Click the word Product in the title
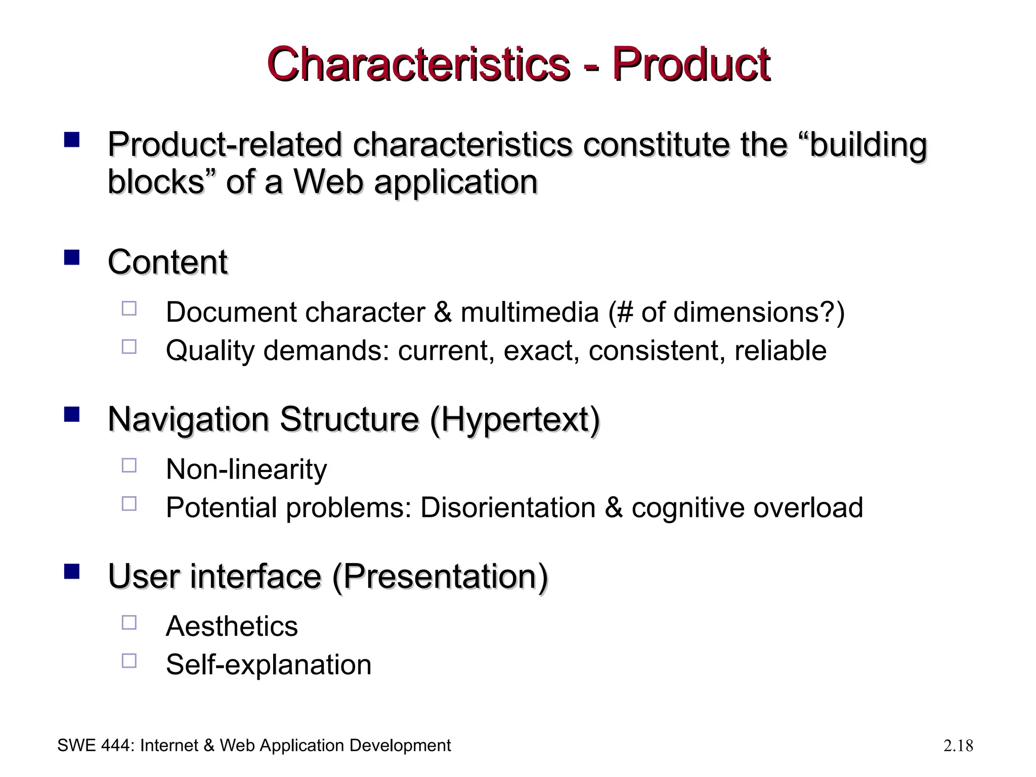tap(691, 65)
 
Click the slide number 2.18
tap(958, 746)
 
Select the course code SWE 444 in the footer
tap(95, 746)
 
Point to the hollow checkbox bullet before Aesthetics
tap(129, 622)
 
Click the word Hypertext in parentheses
tap(514, 419)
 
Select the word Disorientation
tap(508, 507)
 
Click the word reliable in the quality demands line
tap(781, 351)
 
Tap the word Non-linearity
tap(246, 469)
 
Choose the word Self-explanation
tap(269, 665)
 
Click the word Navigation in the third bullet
tap(188, 419)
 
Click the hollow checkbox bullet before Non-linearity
tap(129, 465)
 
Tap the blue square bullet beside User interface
tap(72, 572)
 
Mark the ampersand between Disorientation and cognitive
tap(614, 507)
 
